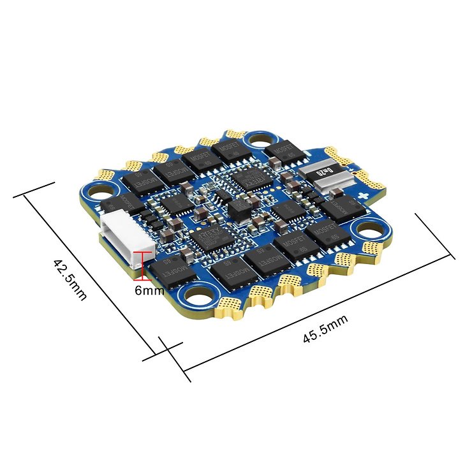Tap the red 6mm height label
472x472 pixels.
(149, 290)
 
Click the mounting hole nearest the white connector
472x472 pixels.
(100, 189)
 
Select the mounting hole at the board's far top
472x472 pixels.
(261, 139)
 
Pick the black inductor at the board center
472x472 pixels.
(240, 209)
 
